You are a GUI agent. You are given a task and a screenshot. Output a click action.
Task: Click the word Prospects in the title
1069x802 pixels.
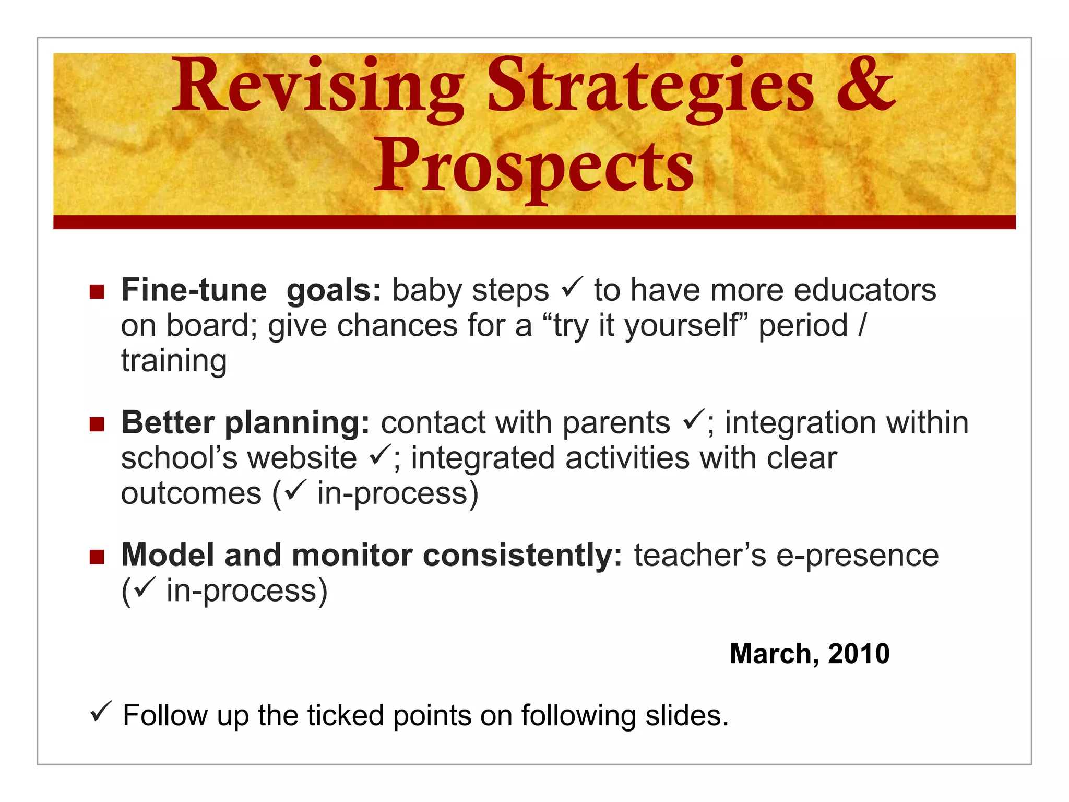point(533,166)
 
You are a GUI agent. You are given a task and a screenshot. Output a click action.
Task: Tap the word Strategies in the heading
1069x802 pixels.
point(650,86)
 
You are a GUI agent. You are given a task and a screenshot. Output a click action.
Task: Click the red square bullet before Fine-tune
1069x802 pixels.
point(97,291)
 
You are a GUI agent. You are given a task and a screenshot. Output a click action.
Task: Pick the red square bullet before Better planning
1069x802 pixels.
point(97,424)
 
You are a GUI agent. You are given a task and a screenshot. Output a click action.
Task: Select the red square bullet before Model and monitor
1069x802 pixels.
point(97,557)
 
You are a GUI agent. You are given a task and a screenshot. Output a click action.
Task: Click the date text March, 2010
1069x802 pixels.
point(809,654)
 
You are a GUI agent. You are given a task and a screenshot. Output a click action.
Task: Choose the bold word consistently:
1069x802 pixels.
point(522,555)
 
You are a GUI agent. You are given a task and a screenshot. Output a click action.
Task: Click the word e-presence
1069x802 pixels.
point(857,556)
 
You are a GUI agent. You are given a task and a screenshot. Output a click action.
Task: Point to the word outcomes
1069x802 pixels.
point(191,494)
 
